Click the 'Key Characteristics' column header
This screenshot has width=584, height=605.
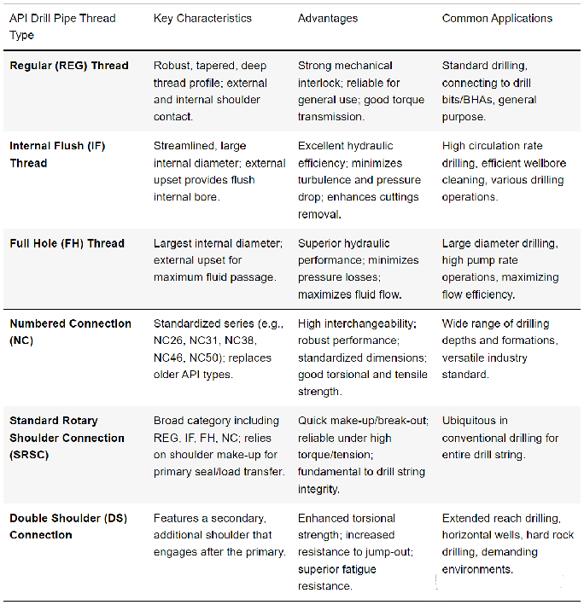[x=202, y=18]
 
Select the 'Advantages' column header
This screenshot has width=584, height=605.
[x=328, y=18]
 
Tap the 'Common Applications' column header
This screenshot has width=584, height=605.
[x=497, y=18]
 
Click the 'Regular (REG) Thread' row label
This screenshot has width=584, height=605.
[x=69, y=66]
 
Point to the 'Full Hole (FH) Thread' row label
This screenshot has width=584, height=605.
[x=67, y=243]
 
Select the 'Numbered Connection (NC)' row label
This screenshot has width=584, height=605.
[x=70, y=332]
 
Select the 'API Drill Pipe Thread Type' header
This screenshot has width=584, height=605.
[x=64, y=26]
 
